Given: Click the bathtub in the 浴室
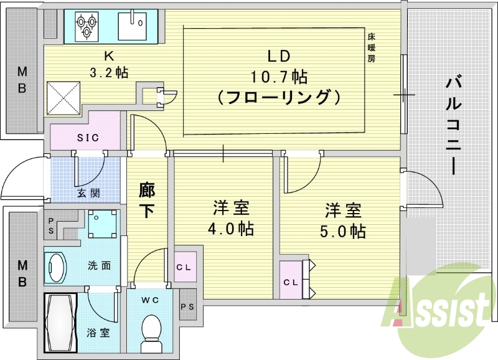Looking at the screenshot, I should pyautogui.click(x=60, y=323).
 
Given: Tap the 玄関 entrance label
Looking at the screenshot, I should pyautogui.click(x=88, y=192).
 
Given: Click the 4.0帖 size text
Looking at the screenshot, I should pyautogui.click(x=230, y=229).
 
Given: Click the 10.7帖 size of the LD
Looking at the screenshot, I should pyautogui.click(x=279, y=77).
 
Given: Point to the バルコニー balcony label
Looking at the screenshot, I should pyautogui.click(x=453, y=125).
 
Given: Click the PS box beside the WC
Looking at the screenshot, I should pyautogui.click(x=187, y=306).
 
